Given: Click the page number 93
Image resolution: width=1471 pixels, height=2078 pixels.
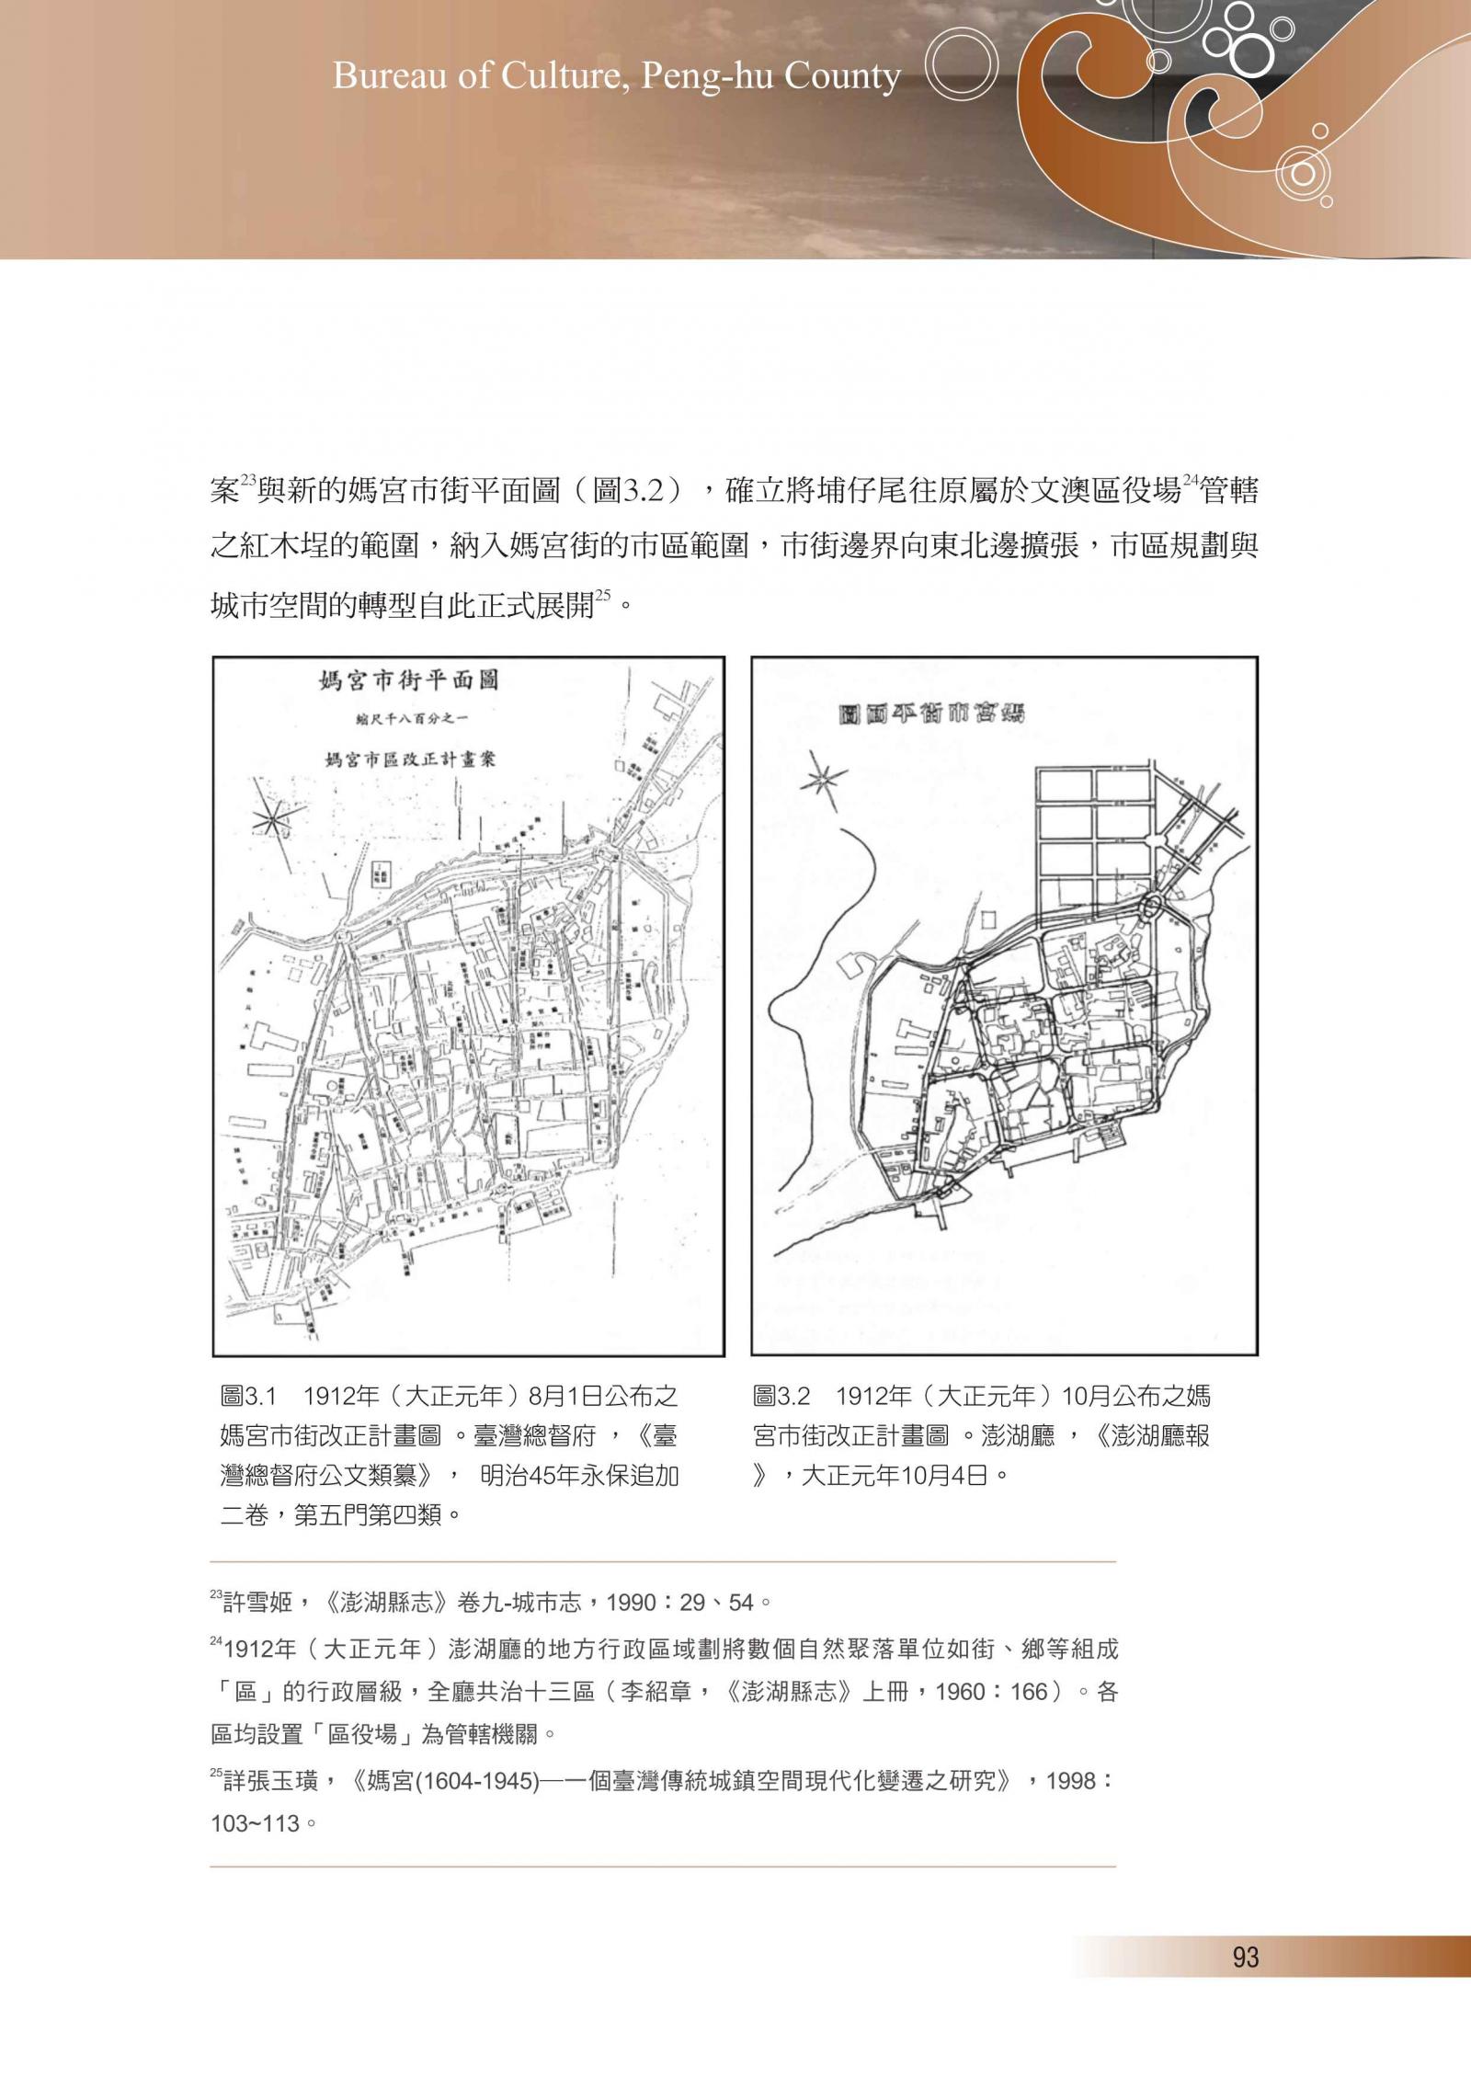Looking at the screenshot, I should click(x=1245, y=1957).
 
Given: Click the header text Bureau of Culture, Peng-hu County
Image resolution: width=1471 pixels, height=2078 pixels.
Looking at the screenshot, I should click(x=616, y=77).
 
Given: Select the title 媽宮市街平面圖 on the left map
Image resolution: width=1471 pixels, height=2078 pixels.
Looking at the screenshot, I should click(x=408, y=681).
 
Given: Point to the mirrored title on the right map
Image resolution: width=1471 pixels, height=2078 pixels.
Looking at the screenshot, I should click(x=932, y=714).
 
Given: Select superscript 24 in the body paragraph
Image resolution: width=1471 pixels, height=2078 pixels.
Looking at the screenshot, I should click(x=1192, y=479).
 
